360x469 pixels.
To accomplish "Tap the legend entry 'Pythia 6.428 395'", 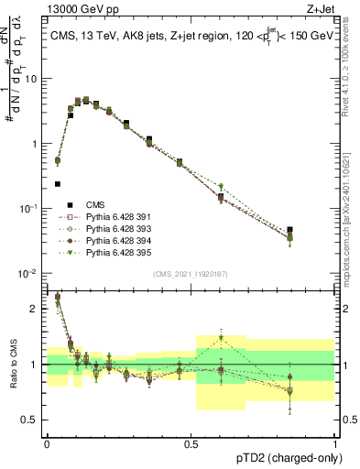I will pyautogui.click(x=113, y=252).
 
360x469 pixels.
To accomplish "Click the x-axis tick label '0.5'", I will pyautogui.click(x=191, y=442).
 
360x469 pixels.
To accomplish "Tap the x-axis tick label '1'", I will pyautogui.click(x=334, y=442).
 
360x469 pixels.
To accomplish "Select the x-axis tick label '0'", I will pyautogui.click(x=47, y=442).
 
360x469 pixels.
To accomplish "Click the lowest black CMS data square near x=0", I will pyautogui.click(x=58, y=183).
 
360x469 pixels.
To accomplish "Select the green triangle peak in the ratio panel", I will pyautogui.click(x=221, y=338).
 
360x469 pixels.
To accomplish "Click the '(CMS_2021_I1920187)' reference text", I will pyautogui.click(x=190, y=273).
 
